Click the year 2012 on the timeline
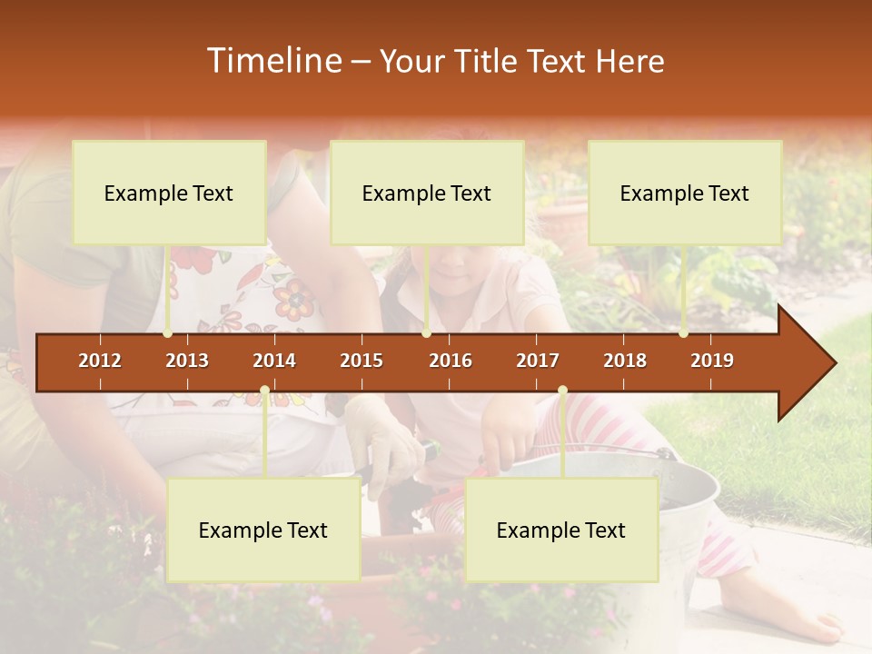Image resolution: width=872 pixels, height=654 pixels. click(x=100, y=361)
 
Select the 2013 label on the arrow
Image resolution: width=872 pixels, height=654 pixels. click(x=187, y=361)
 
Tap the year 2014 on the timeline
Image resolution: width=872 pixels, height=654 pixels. click(x=274, y=361)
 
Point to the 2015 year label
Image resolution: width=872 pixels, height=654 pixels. click(x=362, y=361)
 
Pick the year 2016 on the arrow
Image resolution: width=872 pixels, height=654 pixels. click(x=451, y=361)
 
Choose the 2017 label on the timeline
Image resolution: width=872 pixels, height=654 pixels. click(x=538, y=361)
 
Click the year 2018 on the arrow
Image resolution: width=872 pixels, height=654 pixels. click(x=625, y=361)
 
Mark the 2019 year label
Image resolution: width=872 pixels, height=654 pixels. click(x=712, y=361)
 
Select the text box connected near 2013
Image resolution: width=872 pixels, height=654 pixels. click(x=169, y=193)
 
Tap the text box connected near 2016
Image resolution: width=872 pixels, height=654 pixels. click(x=427, y=193)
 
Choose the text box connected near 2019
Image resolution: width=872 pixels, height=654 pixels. click(x=685, y=193)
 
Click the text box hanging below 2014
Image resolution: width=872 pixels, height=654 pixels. click(x=263, y=530)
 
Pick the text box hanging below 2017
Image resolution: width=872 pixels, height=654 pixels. click(x=561, y=530)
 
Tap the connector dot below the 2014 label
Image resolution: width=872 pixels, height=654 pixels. click(x=264, y=391)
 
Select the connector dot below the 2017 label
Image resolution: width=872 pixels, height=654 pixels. click(x=562, y=391)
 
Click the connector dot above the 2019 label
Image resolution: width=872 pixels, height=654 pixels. click(x=684, y=333)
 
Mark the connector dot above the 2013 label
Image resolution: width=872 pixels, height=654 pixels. click(x=168, y=333)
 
